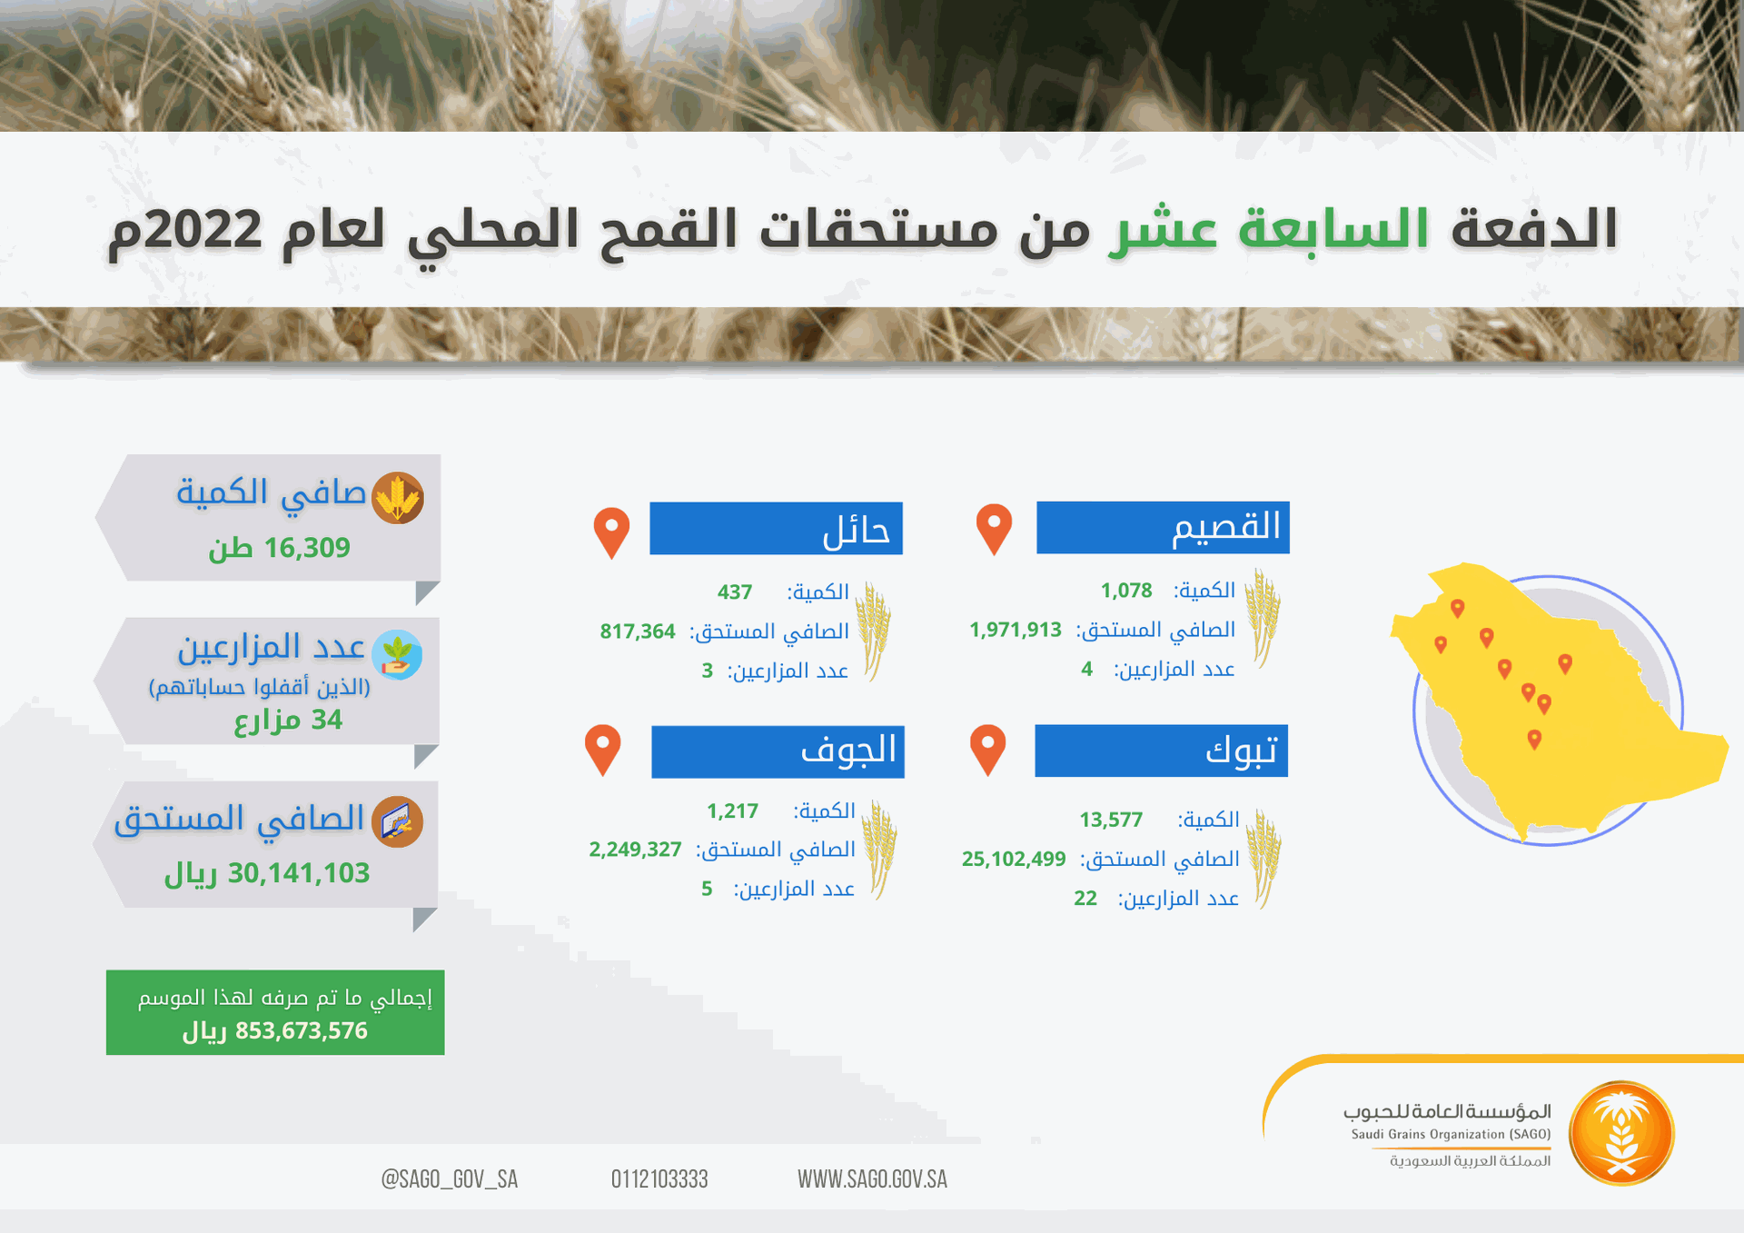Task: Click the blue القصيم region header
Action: [1163, 527]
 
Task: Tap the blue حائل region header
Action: [776, 528]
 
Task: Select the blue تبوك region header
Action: [1161, 751]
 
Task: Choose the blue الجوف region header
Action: [778, 751]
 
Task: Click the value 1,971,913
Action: [1015, 630]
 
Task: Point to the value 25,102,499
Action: [1014, 859]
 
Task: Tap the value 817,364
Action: [637, 631]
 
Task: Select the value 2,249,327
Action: [635, 850]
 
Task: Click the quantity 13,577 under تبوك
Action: [1110, 820]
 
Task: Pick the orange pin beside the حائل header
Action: [611, 532]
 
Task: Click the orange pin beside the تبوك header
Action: [987, 750]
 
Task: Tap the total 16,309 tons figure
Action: [280, 548]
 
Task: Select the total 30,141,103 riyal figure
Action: [267, 873]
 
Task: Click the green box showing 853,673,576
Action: [275, 1012]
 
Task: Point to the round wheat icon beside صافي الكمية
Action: [398, 498]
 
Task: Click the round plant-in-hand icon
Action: [397, 655]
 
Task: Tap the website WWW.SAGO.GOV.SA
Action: [872, 1179]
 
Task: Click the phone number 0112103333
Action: [659, 1179]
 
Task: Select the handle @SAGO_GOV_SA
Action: [449, 1179]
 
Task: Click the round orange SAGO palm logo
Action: [1621, 1133]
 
